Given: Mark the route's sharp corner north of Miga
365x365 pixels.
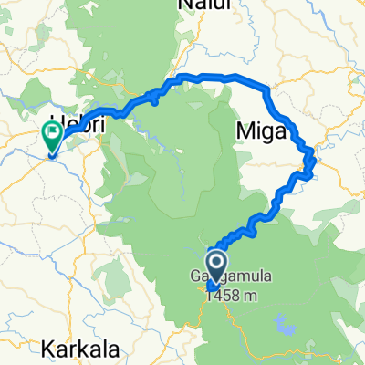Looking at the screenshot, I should tap(266, 88).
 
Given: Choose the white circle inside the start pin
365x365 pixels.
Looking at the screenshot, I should tap(217, 263).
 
